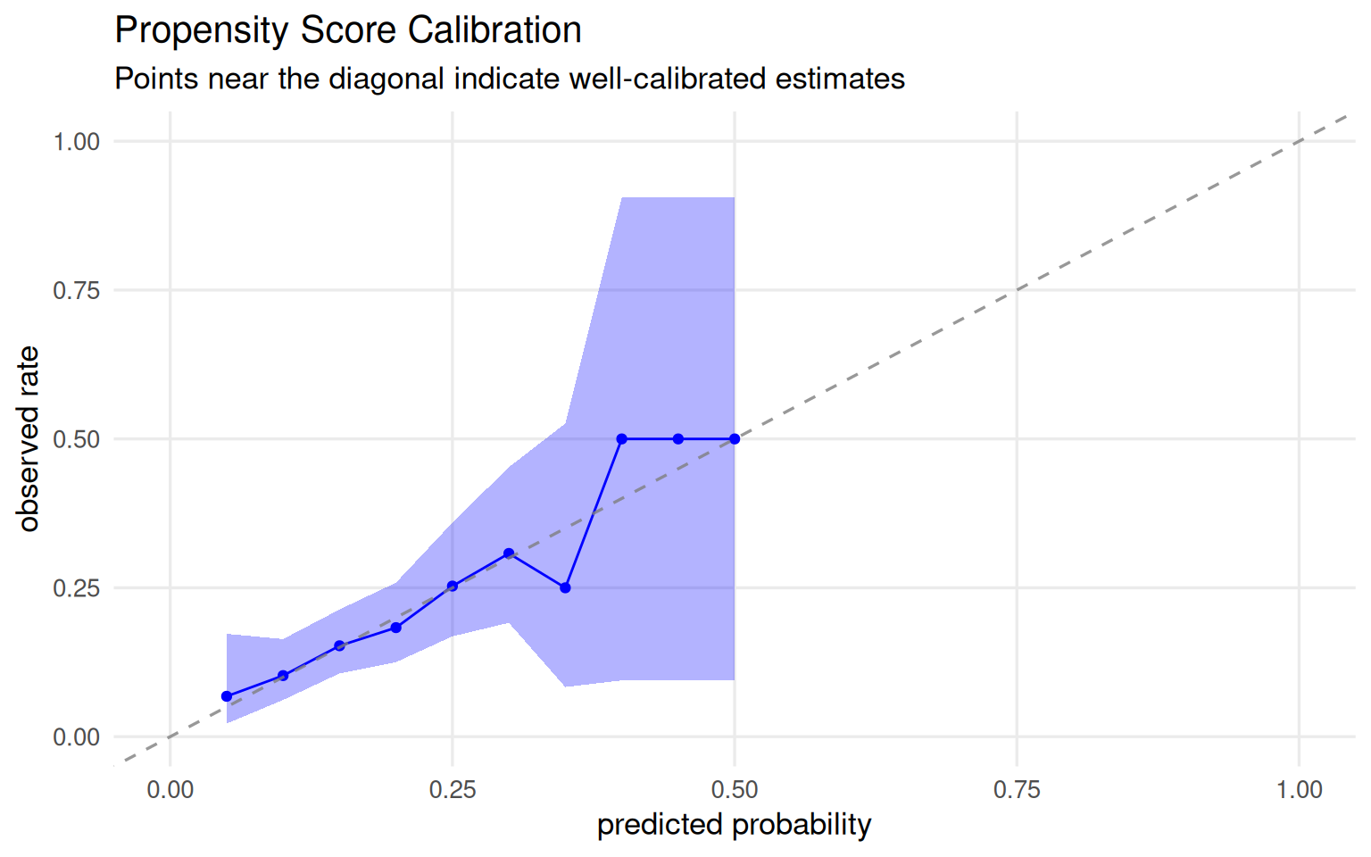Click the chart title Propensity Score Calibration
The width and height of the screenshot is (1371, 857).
point(348,30)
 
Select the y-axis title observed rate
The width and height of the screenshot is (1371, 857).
point(29,438)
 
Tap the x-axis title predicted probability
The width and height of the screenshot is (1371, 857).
point(734,824)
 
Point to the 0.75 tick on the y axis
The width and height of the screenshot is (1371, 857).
point(77,290)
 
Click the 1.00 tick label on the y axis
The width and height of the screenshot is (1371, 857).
point(77,141)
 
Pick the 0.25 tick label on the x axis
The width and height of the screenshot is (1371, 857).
point(453,789)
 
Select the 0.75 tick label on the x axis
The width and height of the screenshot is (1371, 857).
point(1017,789)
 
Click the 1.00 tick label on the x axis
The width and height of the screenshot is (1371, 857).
point(1299,789)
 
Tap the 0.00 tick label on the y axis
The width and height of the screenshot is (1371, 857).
point(77,737)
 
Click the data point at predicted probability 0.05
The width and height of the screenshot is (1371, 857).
point(227,696)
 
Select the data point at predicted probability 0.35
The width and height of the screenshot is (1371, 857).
point(565,587)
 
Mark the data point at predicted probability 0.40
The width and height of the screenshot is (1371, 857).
point(622,439)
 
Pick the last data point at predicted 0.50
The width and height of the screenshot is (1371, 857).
point(735,439)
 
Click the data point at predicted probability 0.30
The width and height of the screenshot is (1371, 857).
point(509,553)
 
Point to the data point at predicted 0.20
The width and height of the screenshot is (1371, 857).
point(396,628)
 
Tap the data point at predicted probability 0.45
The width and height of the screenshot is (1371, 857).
point(678,439)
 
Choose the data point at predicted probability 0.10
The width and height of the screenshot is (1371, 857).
point(283,676)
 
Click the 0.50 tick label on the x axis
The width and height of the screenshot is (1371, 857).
point(735,789)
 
